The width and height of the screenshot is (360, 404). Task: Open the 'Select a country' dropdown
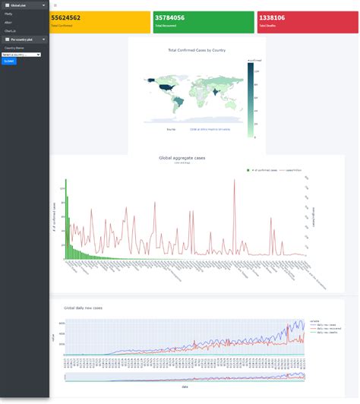21,55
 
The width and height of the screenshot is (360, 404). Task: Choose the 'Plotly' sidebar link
8,14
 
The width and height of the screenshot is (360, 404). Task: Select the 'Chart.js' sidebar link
11,30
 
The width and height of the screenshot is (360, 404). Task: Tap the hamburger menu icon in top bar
55,5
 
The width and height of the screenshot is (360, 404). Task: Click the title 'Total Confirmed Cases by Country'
197,50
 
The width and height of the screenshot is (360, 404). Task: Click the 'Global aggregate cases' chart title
182,158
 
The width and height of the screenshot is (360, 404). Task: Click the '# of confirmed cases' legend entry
263,170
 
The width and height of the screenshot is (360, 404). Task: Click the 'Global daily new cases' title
83,308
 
